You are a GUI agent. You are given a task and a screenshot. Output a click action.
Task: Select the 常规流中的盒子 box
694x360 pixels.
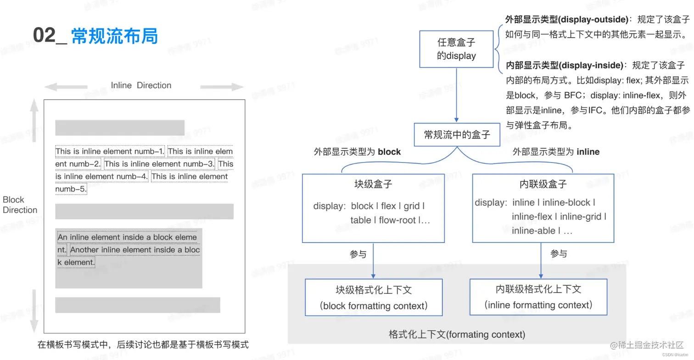pos(457,135)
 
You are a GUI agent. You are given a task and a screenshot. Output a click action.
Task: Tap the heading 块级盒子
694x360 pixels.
pos(373,185)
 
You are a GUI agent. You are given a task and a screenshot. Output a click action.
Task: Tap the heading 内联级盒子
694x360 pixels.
pos(543,185)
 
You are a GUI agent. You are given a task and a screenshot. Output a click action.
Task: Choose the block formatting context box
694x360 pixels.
pos(374,298)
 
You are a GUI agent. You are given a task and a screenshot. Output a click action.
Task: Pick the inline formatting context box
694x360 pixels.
pos(538,297)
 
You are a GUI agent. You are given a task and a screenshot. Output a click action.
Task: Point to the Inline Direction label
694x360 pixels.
pos(141,85)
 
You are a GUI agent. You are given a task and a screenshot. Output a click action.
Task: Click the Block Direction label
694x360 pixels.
pos(20,205)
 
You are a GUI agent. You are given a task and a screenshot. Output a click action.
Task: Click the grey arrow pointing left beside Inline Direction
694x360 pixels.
pos(69,86)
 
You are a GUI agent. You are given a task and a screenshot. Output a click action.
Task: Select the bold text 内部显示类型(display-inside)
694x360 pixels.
pos(564,65)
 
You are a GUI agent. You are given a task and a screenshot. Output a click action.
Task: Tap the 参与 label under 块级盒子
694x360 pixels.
pos(358,254)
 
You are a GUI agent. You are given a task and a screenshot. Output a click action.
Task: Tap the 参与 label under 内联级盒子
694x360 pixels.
pos(559,254)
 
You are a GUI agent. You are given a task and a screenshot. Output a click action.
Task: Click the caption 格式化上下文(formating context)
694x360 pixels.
pos(457,334)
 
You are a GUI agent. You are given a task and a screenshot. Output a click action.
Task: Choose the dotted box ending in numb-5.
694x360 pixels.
pos(71,189)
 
